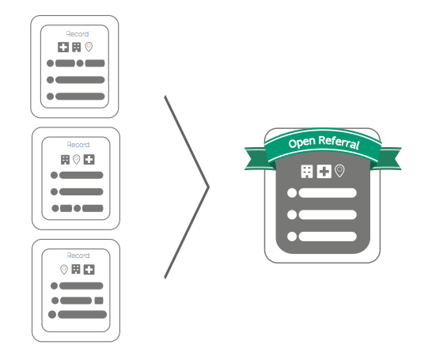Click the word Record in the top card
point(78,34)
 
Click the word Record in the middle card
point(78,145)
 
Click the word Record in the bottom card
point(78,256)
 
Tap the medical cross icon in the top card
point(63,47)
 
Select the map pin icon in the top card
point(89,47)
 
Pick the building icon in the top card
point(76,47)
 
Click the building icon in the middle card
point(65,160)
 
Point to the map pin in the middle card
point(76,159)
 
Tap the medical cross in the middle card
point(89,160)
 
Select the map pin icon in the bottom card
point(64,269)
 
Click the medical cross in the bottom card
point(89,270)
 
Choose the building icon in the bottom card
point(76,269)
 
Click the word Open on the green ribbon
point(301,142)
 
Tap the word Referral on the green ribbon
point(339,142)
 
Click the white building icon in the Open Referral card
point(307,172)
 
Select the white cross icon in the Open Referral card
point(324,172)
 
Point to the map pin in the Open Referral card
point(339,171)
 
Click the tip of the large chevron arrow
point(209,188)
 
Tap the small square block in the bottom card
point(99,301)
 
